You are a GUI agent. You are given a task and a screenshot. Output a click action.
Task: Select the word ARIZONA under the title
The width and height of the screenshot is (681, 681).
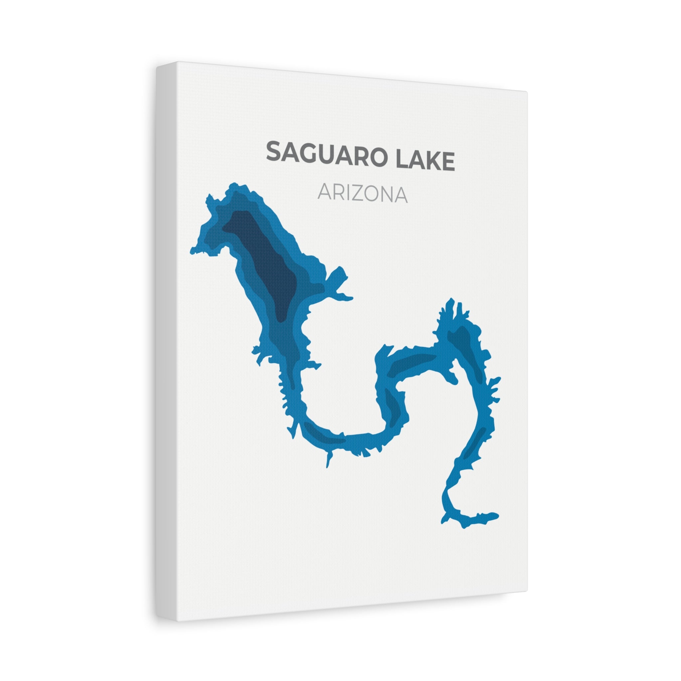point(362,194)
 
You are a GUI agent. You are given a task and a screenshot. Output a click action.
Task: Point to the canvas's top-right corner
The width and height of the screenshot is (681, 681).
point(527,92)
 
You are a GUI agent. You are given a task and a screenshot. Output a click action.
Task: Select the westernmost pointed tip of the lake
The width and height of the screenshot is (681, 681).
point(191,252)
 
